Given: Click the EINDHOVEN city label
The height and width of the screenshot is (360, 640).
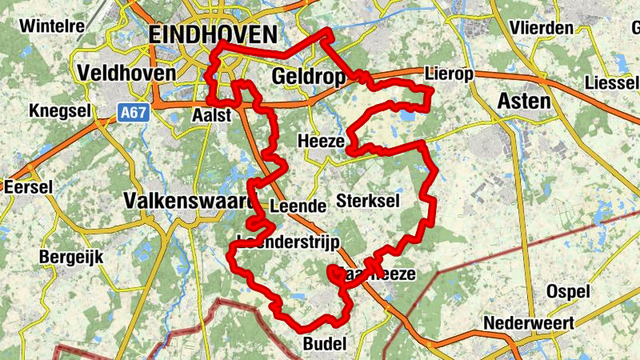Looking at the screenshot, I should [213, 34].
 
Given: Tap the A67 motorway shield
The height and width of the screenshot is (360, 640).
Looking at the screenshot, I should [134, 113].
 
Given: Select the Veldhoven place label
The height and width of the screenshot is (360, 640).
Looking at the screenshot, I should [126, 73].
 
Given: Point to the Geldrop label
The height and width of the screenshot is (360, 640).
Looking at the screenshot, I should [308, 77].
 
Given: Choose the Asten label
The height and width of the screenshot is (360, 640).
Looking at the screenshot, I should [524, 101].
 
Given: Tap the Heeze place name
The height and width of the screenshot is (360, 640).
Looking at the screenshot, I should [321, 141].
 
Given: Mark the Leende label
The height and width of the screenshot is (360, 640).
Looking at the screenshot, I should [298, 206].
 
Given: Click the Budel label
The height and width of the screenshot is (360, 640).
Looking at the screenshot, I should [324, 345].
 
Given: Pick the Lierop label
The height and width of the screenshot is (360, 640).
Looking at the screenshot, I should [450, 74].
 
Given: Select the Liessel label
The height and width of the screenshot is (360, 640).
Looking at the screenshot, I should [612, 82].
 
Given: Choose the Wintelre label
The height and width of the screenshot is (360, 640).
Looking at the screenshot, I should [52, 26].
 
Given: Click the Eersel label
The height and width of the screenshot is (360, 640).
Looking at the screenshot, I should [28, 186].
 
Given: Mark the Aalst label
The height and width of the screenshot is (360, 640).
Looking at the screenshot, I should [212, 115].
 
